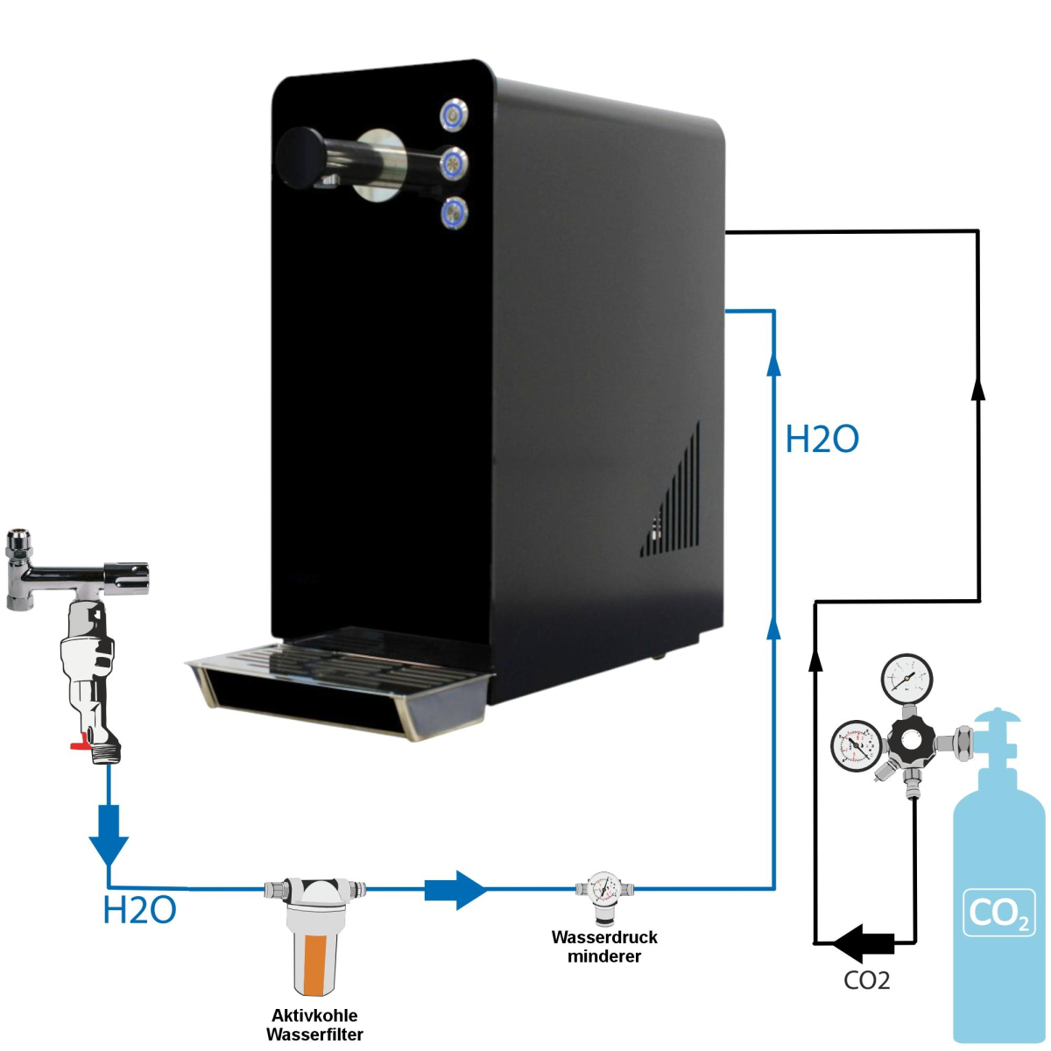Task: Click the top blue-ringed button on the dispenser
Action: click(454, 114)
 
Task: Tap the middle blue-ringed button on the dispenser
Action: click(454, 162)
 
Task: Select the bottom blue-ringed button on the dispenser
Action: click(454, 212)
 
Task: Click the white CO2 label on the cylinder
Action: click(998, 913)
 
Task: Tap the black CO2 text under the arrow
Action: click(866, 980)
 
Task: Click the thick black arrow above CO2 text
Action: click(863, 943)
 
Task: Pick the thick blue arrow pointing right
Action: click(455, 890)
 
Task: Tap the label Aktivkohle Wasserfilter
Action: click(314, 1025)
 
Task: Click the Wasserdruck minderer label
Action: click(604, 946)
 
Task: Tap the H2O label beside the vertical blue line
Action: click(822, 439)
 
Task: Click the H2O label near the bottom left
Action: click(139, 911)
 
